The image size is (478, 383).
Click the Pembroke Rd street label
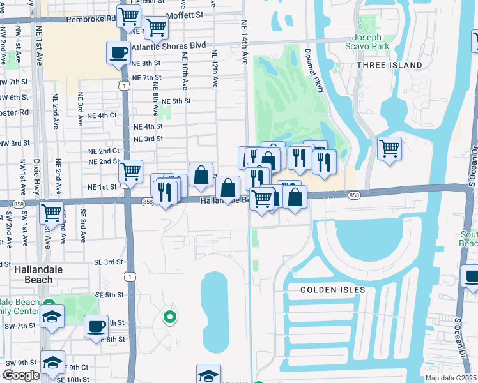[x=89, y=19]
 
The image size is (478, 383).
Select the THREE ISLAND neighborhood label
[x=389, y=65]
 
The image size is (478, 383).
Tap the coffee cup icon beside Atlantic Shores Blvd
[x=118, y=52]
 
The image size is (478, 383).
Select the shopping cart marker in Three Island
[x=389, y=148]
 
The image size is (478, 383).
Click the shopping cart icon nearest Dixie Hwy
[x=51, y=211]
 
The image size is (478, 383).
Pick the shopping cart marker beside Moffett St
[x=156, y=27]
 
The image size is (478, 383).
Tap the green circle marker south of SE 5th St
[x=169, y=315]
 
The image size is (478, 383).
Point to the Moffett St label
[x=183, y=14]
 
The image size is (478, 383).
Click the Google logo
[x=20, y=375]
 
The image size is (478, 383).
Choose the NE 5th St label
[x=176, y=101]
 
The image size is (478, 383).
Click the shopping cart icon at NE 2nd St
[x=130, y=170]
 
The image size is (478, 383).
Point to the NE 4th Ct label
[x=103, y=116]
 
